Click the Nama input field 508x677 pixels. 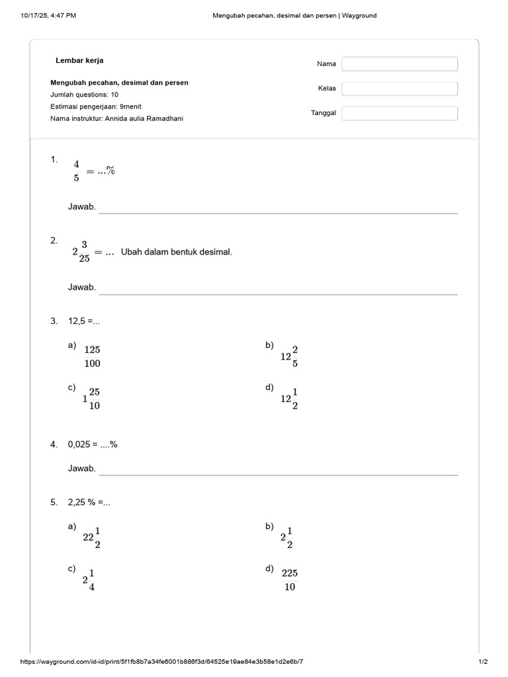point(400,64)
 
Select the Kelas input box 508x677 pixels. point(400,89)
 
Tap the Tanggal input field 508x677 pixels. point(400,114)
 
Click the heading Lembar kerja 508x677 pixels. point(79,61)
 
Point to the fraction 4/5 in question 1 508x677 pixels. point(76,171)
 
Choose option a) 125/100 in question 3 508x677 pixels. point(92,356)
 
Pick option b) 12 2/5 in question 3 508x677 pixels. point(289,356)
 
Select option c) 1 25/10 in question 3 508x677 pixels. point(91,399)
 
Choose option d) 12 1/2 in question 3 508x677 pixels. point(289,399)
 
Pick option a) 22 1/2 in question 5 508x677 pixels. point(91,538)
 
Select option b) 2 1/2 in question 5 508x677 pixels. point(286,538)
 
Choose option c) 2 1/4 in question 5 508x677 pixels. point(89,580)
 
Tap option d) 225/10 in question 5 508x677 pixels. point(290,580)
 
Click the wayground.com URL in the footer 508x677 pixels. point(162,662)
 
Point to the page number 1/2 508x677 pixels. point(483,662)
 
